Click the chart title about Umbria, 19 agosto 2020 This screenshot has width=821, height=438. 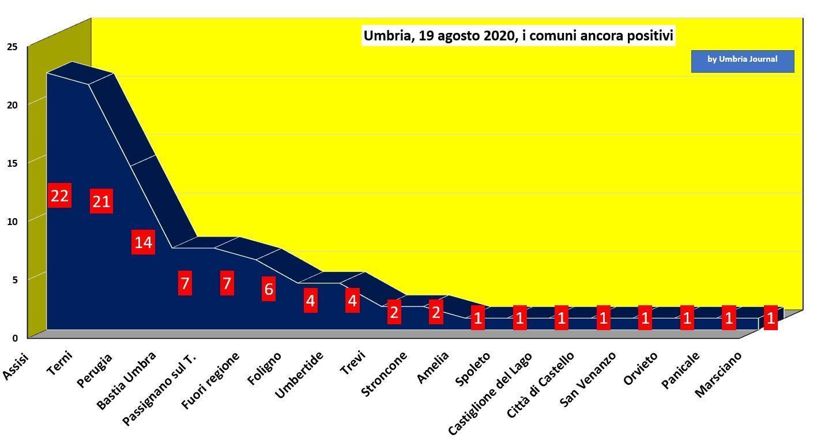[x=518, y=36]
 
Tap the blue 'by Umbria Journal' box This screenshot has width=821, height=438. [x=743, y=61]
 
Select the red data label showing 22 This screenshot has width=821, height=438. [x=59, y=196]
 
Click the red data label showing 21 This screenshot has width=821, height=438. [x=101, y=201]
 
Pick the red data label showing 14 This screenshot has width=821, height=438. [x=143, y=242]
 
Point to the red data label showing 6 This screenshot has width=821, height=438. [x=269, y=289]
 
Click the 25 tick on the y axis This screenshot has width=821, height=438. [x=12, y=47]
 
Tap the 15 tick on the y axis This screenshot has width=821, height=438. [x=12, y=163]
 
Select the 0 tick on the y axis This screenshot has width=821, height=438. [x=15, y=338]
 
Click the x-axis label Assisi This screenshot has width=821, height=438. [x=16, y=366]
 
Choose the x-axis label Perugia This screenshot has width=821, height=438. [x=94, y=370]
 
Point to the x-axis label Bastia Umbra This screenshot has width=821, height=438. [x=126, y=380]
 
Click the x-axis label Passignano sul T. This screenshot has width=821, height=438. [x=159, y=390]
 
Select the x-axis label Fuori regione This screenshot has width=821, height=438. [x=210, y=380]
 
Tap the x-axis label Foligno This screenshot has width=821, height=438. [x=264, y=368]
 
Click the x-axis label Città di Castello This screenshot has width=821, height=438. [x=540, y=385]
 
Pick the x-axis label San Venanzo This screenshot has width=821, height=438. [x=587, y=379]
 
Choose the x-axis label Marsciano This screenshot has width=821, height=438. [x=718, y=375]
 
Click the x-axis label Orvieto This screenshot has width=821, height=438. [x=641, y=369]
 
